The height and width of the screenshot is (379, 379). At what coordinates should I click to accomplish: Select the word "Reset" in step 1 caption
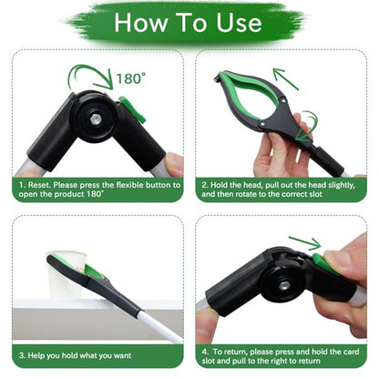point(45,185)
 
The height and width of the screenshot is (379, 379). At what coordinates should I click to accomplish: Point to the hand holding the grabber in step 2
point(278,146)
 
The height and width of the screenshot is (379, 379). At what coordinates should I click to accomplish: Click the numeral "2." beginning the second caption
point(205,185)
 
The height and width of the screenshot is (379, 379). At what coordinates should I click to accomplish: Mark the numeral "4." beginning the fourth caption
point(206,350)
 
